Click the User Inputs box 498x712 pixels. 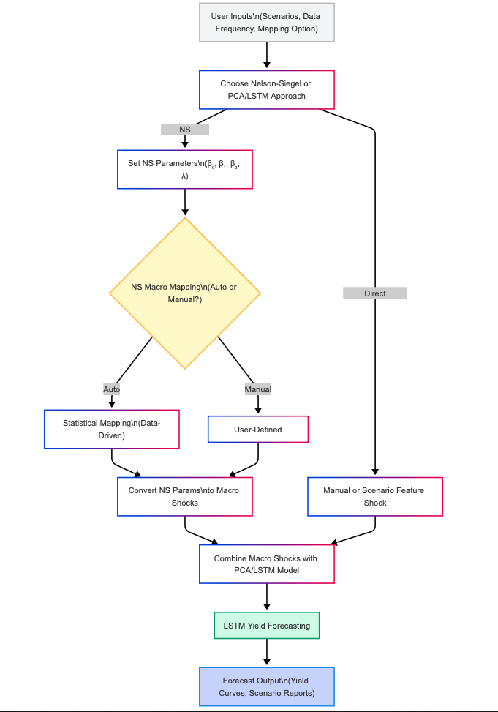267,23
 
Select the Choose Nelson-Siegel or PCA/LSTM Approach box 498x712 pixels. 267,89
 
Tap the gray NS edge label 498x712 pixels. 185,130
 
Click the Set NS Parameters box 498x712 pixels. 185,170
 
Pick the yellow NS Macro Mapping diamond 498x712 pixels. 185,293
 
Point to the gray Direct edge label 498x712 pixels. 374,293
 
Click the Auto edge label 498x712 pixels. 112,389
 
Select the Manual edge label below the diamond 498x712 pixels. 258,389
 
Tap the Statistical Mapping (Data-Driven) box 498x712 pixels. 112,429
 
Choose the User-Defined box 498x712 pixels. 258,430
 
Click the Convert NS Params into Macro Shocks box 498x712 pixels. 185,497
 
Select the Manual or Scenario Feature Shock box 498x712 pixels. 374,497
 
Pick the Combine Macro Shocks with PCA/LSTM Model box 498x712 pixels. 267,564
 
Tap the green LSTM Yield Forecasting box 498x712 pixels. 267,626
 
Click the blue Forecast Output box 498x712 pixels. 267,686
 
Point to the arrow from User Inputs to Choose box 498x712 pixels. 267,55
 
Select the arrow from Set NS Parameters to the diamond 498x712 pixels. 185,202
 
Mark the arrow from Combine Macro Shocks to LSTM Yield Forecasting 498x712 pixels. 267,596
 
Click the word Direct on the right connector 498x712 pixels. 374,293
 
